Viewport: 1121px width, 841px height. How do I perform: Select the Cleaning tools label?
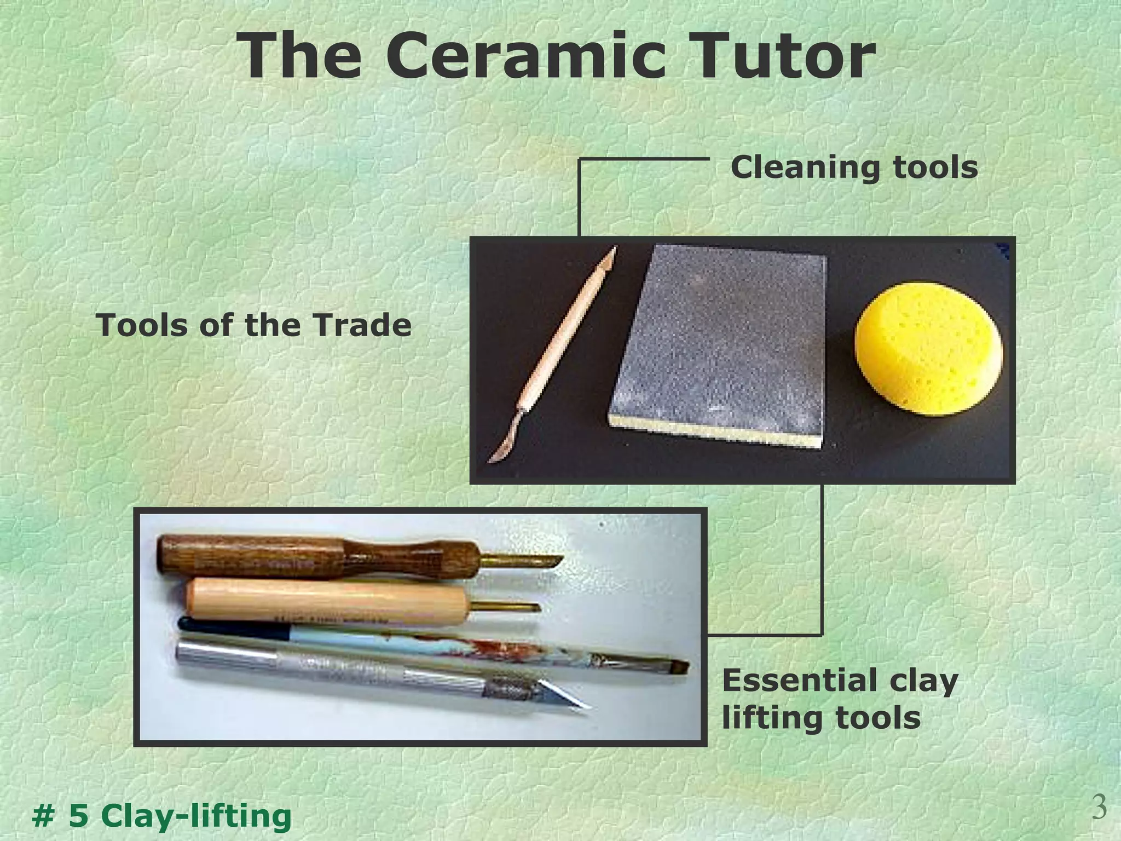point(854,167)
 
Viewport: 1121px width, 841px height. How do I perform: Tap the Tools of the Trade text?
point(253,325)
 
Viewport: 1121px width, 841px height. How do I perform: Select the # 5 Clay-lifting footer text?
point(162,816)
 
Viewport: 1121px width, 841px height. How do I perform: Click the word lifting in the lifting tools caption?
point(766,718)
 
